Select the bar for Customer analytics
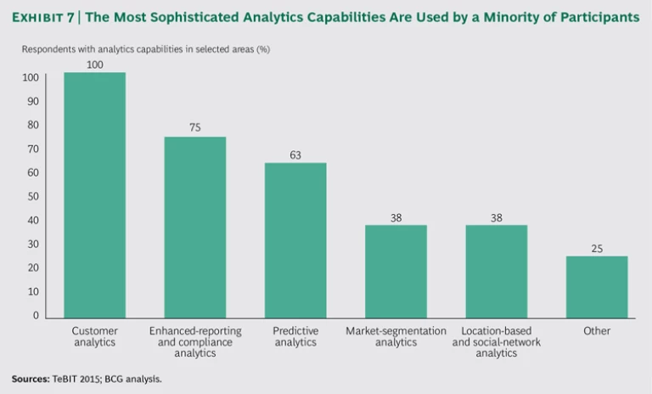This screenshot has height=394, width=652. pos(94,195)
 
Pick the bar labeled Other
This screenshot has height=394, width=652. pos(597,287)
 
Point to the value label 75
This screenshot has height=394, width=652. pos(195,128)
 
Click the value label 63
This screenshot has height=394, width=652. pos(295,155)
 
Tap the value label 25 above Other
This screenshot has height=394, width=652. pos(597,249)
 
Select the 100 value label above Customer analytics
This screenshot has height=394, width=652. pos(95,65)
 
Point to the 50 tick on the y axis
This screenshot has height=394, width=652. pos(33,196)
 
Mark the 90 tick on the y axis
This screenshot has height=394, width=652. pos(33,101)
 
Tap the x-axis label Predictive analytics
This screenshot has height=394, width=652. pos(295,336)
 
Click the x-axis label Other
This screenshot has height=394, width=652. pos(597,331)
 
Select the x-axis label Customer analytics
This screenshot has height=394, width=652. pos(94,336)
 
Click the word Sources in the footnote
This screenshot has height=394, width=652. pos(30,379)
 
